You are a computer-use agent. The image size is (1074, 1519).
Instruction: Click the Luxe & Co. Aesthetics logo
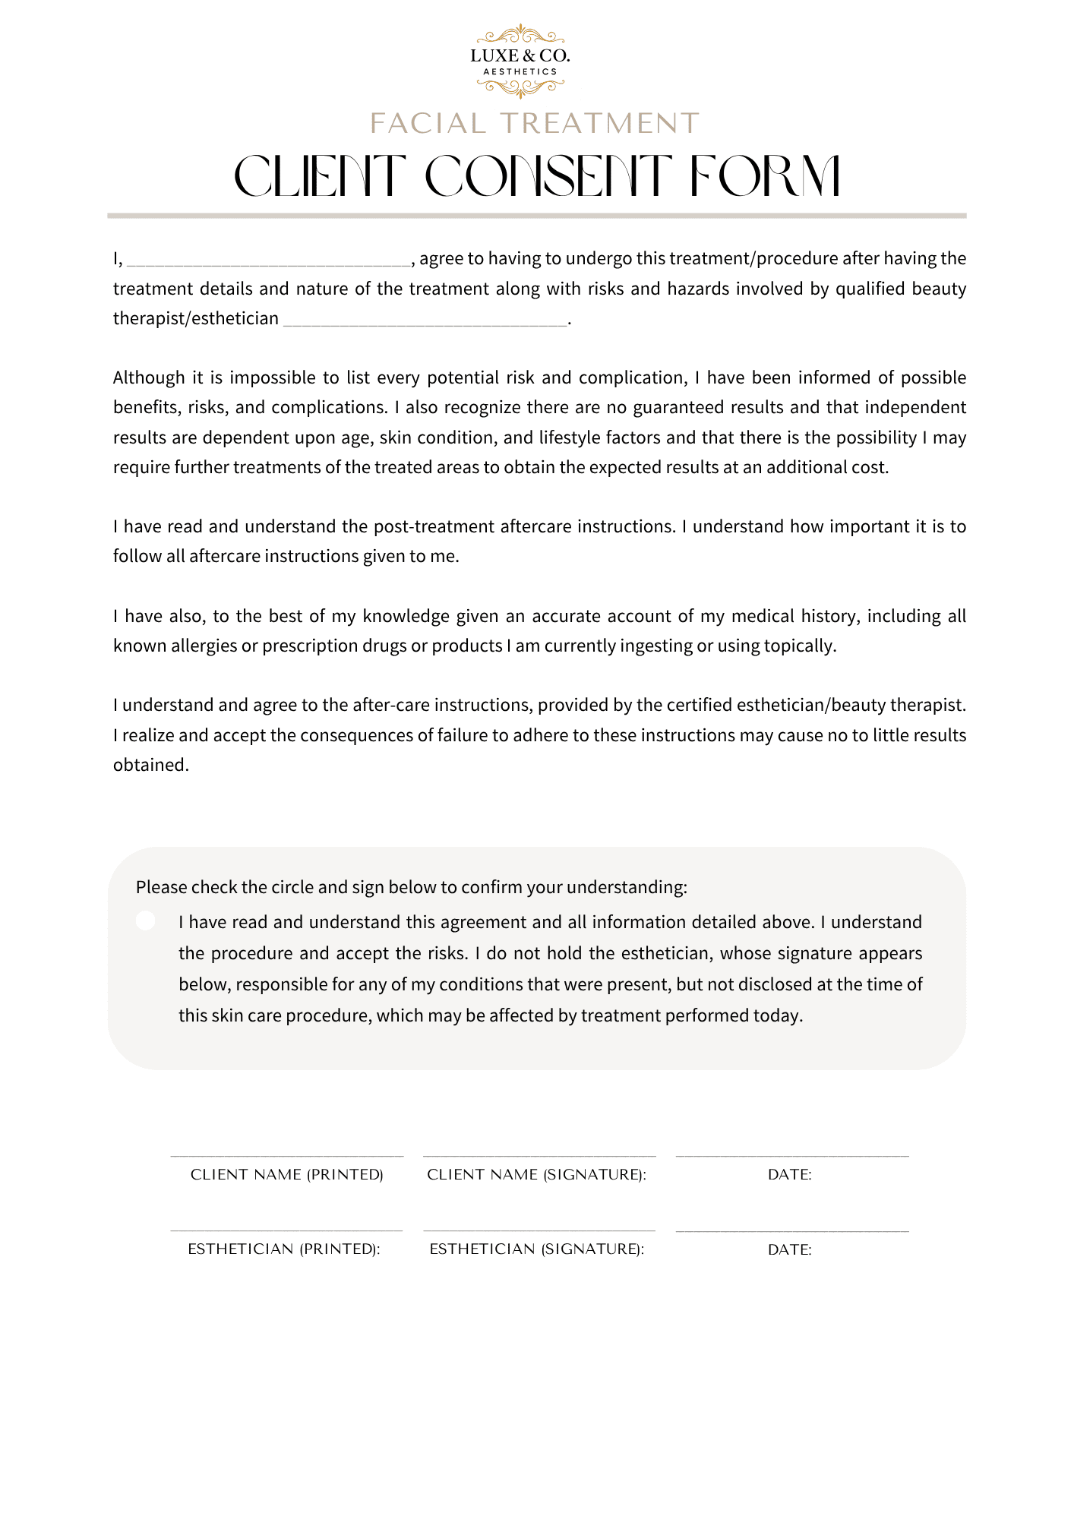click(x=520, y=61)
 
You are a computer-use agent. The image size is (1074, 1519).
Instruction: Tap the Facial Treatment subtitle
click(x=534, y=123)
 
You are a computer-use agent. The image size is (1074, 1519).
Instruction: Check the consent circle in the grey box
click(x=146, y=921)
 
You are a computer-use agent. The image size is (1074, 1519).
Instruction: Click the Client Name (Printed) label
click(x=287, y=1175)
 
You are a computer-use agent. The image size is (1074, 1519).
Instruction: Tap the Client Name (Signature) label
click(x=537, y=1175)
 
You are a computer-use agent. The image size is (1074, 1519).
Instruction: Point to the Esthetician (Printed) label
click(x=284, y=1249)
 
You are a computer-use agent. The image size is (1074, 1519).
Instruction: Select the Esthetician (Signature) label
click(x=537, y=1249)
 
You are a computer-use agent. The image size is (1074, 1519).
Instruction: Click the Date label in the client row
click(x=790, y=1175)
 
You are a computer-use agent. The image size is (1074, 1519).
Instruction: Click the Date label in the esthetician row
click(x=790, y=1250)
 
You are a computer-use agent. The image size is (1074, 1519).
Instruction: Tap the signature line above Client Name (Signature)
click(x=539, y=1156)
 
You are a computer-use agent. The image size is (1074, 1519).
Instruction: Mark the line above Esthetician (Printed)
click(x=286, y=1230)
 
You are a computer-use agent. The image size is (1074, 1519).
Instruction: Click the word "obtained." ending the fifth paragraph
click(x=151, y=766)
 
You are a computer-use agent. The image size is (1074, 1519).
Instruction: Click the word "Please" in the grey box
click(x=161, y=888)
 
